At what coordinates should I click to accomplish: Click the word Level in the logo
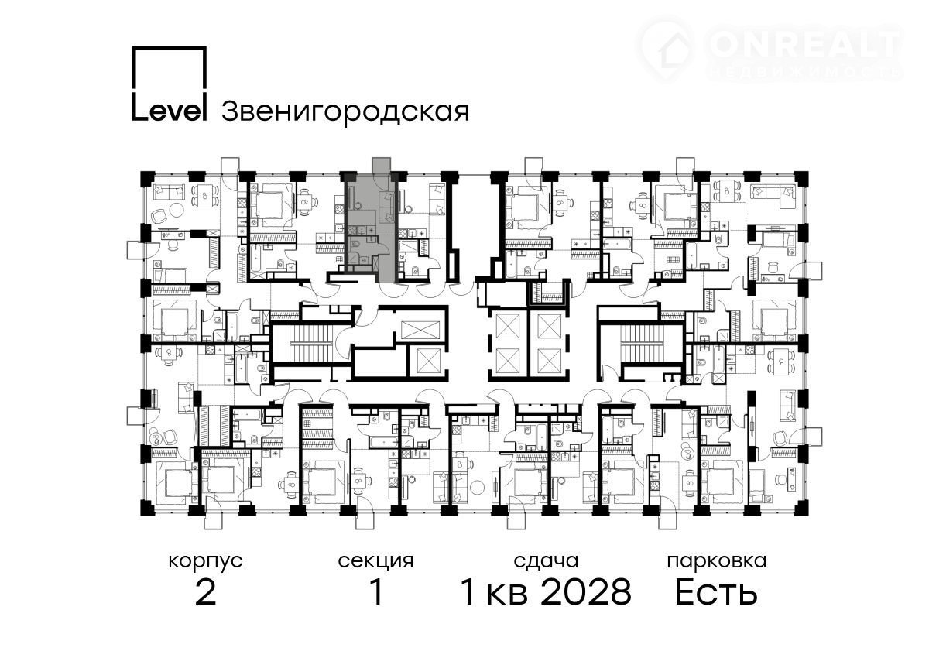pos(170,111)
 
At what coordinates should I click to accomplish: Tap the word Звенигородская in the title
pos(345,112)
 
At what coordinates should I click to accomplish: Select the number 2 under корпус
pos(206,593)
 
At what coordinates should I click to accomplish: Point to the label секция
pos(375,562)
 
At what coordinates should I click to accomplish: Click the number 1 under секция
pos(376,593)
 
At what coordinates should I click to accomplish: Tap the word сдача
pos(546,562)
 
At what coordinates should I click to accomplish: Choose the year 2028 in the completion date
pos(587,593)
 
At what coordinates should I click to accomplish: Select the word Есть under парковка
pos(716,593)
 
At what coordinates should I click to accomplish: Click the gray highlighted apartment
pos(370,228)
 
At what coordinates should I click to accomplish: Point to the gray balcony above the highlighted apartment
pos(382,165)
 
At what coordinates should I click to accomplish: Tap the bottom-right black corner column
pos(801,508)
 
